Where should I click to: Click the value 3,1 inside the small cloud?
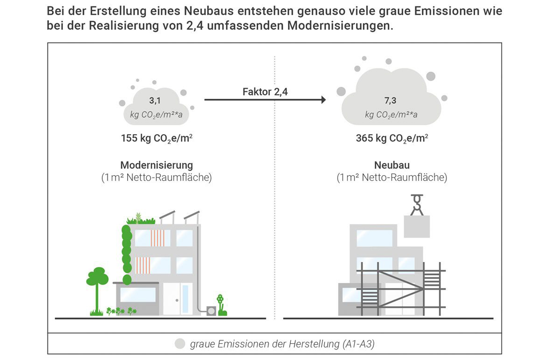click(155, 100)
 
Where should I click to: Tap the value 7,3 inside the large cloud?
click(390, 100)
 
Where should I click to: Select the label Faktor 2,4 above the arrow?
click(265, 92)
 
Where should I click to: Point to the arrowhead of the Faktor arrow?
click(323, 100)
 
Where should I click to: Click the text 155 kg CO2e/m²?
click(156, 138)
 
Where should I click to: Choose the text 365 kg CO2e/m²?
click(392, 138)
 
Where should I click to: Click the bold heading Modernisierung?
click(156, 165)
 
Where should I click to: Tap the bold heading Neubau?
click(392, 165)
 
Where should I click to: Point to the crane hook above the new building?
click(417, 205)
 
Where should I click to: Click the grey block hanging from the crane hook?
click(417, 227)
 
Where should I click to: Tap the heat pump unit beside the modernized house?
click(211, 311)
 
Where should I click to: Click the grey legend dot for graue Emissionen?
click(180, 344)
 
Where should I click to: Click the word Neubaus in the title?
click(209, 11)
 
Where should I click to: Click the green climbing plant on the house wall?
click(126, 254)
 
